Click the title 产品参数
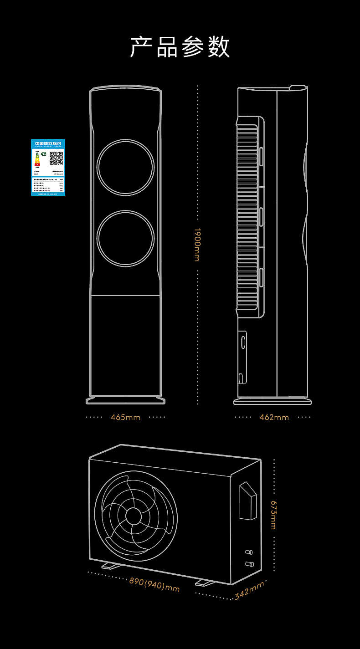point(180,47)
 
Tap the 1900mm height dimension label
point(197,245)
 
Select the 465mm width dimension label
point(125,417)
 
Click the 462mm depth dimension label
point(274,417)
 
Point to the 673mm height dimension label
point(273,515)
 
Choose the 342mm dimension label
point(249,592)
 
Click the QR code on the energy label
point(56,158)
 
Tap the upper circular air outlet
point(125,167)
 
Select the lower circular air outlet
point(125,238)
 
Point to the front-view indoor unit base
point(125,400)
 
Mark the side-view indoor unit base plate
point(273,401)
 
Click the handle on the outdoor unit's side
point(248,501)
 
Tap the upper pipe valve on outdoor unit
point(249,552)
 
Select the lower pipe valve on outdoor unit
point(249,564)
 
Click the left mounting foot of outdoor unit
point(110,565)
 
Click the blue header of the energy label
point(48,143)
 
